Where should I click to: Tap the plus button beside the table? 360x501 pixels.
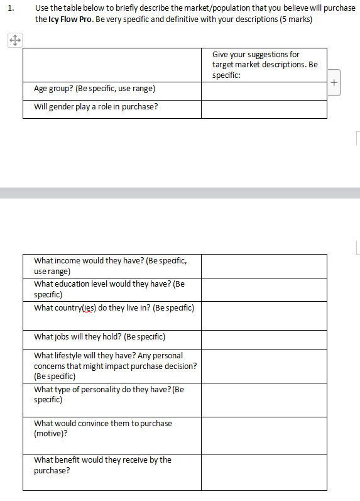pyautogui.click(x=334, y=82)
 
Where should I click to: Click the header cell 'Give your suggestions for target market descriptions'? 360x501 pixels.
pyautogui.click(x=265, y=65)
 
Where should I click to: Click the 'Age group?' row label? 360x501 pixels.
pyautogui.click(x=94, y=89)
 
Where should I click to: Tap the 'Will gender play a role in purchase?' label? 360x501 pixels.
pyautogui.click(x=95, y=106)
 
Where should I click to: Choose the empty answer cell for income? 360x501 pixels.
pyautogui.click(x=264, y=266)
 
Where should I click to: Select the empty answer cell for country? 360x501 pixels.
pyautogui.click(x=264, y=316)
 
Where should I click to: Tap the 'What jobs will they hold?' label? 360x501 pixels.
pyautogui.click(x=99, y=337)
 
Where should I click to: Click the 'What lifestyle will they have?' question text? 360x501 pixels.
pyautogui.click(x=108, y=356)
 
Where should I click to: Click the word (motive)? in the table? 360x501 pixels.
pyautogui.click(x=51, y=433)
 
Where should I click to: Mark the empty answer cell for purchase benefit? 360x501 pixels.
pyautogui.click(x=264, y=471)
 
